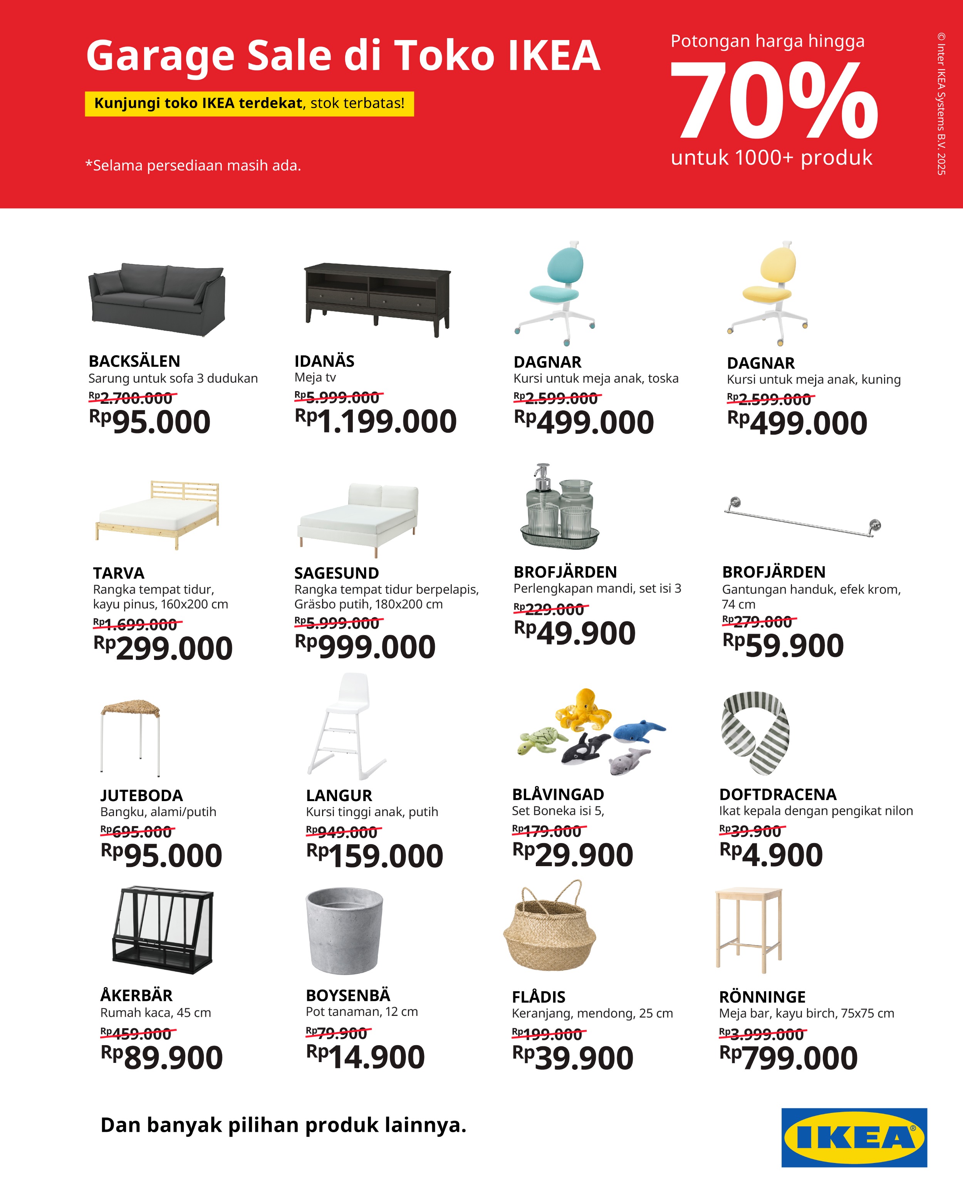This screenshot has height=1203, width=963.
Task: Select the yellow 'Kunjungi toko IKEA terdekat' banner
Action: click(249, 104)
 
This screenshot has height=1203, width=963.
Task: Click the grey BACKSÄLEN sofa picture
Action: click(157, 299)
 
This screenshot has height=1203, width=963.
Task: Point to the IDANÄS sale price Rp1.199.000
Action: click(376, 422)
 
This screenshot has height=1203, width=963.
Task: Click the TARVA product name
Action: click(118, 573)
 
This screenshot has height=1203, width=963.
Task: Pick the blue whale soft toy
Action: click(638, 731)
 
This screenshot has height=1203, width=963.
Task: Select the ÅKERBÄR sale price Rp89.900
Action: click(162, 1058)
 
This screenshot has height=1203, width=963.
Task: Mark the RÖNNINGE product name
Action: click(762, 997)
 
